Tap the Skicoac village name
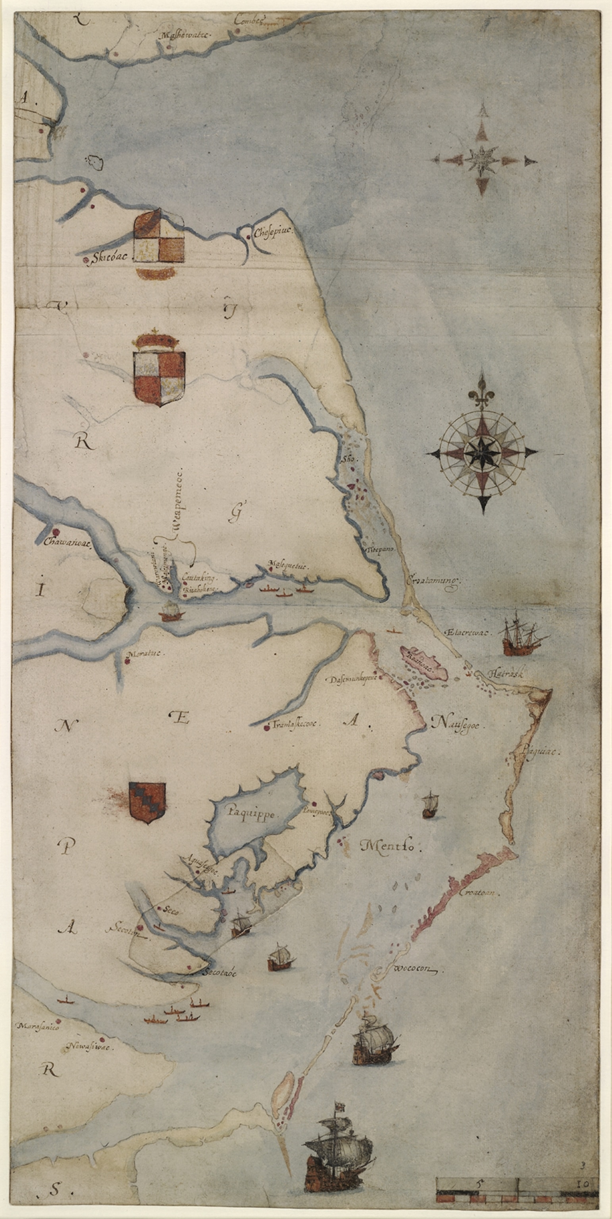click(x=106, y=259)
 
